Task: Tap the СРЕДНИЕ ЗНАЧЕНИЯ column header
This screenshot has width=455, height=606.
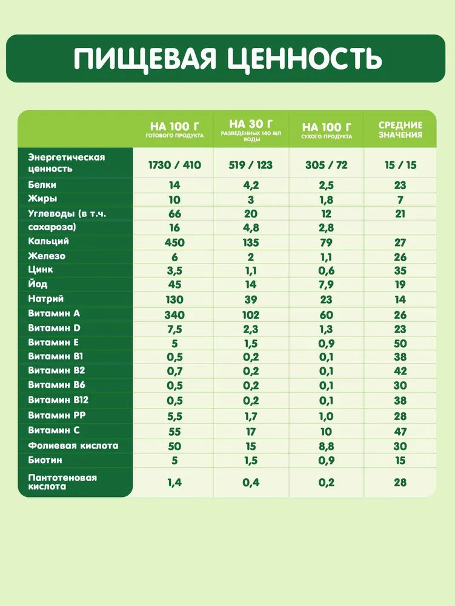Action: click(x=400, y=130)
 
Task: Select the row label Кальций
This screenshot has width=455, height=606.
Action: click(x=48, y=241)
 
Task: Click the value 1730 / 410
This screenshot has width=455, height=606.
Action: click(x=174, y=165)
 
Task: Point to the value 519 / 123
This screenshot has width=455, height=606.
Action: click(x=250, y=165)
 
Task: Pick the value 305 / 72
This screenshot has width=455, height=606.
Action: click(x=327, y=165)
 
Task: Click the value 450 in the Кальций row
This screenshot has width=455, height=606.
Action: click(x=174, y=242)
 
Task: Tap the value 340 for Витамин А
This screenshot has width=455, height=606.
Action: click(x=174, y=315)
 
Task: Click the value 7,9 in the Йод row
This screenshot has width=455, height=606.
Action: click(x=327, y=285)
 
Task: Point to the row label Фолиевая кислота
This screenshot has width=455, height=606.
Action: click(x=73, y=445)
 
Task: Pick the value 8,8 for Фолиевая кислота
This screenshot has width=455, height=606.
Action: click(x=327, y=447)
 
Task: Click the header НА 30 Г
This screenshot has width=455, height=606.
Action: click(x=250, y=124)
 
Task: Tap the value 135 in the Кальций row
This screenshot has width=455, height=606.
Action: click(x=250, y=242)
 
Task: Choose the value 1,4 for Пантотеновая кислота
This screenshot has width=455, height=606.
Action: click(x=174, y=482)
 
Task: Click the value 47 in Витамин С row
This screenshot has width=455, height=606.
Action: click(x=400, y=432)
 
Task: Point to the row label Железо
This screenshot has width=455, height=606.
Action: click(x=47, y=256)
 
